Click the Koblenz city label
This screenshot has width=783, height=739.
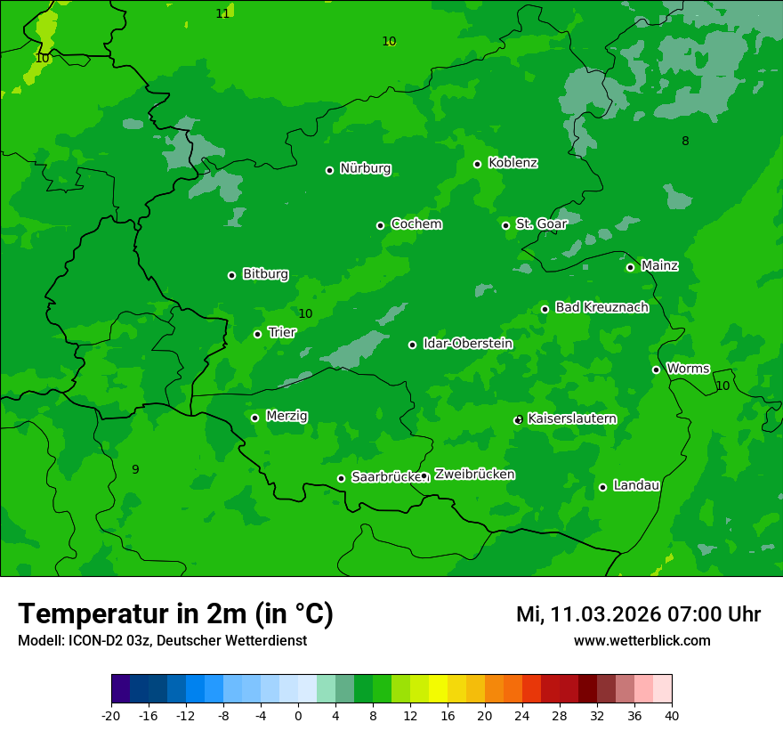coord(513,163)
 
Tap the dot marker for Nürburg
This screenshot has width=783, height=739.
coord(329,170)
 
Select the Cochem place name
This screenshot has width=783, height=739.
coord(416,224)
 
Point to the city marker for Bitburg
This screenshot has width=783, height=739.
coord(231,275)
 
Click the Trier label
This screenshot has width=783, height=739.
coord(282,333)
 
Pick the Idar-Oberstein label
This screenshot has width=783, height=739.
coord(467,344)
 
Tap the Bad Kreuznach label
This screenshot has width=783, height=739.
coord(601,308)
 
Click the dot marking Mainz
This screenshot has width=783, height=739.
coord(630,267)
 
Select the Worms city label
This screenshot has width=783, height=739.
coord(688,369)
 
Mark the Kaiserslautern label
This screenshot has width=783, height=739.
coord(572,418)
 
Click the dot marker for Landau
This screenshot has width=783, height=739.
coord(602,487)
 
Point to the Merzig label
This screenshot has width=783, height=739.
coord(287,417)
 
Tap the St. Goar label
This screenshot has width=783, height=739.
coord(541,224)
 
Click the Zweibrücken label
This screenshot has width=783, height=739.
coord(474,475)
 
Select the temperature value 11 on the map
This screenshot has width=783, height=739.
coord(222,13)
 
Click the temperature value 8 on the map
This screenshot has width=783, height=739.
coord(685,141)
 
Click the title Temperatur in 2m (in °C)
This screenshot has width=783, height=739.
coord(175,614)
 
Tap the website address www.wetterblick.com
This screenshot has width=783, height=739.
coord(642,641)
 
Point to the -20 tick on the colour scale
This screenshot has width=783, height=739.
coord(111,716)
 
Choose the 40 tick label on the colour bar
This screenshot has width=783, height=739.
coord(672,716)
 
